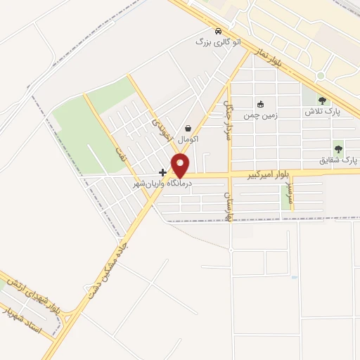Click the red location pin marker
point(181,166)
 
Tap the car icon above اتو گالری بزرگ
point(219,31)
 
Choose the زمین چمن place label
point(260,114)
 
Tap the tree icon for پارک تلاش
point(322,101)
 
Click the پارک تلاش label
point(322,112)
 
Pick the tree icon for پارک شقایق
point(338,149)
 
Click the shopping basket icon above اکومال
point(188,129)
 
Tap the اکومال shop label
point(188,139)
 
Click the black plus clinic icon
point(163,172)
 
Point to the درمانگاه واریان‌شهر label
point(163,183)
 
